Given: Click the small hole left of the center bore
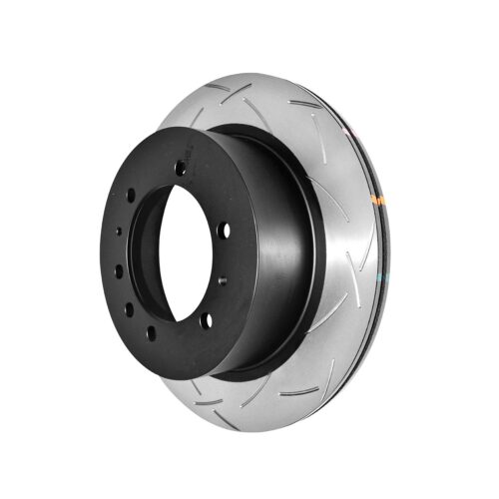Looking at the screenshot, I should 119,232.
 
